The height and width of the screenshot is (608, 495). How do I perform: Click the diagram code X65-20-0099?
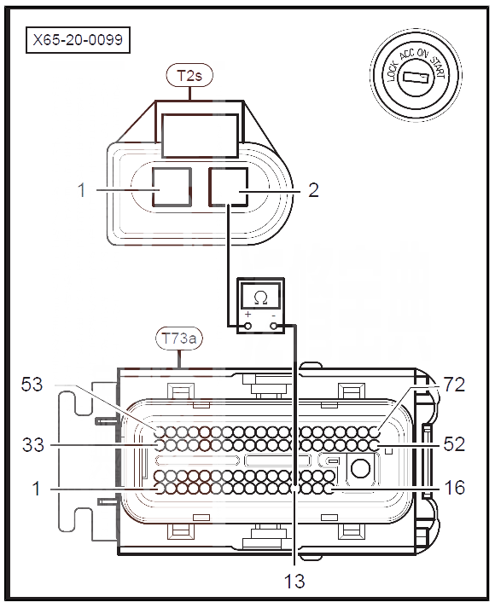pyautogui.click(x=78, y=39)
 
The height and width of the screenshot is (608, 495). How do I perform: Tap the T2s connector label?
pyautogui.click(x=189, y=75)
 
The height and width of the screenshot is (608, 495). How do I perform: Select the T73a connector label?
pyautogui.click(x=179, y=339)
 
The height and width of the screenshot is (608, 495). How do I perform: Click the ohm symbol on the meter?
pyautogui.click(x=260, y=298)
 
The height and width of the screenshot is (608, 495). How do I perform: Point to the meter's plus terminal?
pyautogui.click(x=247, y=327)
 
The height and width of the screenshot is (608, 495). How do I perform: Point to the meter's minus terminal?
pyautogui.click(x=273, y=327)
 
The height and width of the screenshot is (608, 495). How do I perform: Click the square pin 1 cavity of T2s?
pyautogui.click(x=171, y=188)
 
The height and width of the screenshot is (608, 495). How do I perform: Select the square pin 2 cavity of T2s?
pyautogui.click(x=228, y=188)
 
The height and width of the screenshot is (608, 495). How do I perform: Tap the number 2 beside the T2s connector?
pyautogui.click(x=313, y=190)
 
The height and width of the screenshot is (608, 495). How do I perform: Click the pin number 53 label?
pyautogui.click(x=32, y=385)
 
